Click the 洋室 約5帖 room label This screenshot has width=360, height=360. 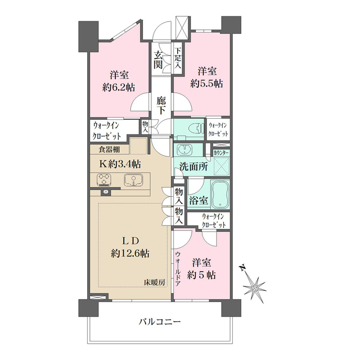[x=203, y=269]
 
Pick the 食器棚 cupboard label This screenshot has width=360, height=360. [x=109, y=150]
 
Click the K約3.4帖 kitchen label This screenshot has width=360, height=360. [x=120, y=164]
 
